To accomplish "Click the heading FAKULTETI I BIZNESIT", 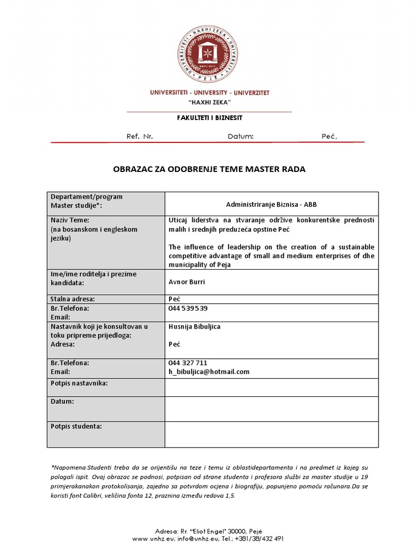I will pyautogui.click(x=209, y=117).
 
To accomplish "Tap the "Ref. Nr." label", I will pyautogui.click(x=140, y=136).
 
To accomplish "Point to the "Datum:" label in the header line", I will pyautogui.click(x=241, y=136).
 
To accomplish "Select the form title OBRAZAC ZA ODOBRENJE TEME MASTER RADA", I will pyautogui.click(x=209, y=169).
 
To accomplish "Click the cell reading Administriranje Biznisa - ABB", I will pyautogui.click(x=271, y=205).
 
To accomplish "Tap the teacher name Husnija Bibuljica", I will pyautogui.click(x=195, y=326).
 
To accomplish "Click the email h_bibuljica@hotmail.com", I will pyautogui.click(x=209, y=371).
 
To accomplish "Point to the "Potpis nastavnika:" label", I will pyautogui.click(x=79, y=383).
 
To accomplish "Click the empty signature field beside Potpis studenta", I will pyautogui.click(x=271, y=434).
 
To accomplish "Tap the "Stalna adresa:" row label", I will pyautogui.click(x=73, y=299).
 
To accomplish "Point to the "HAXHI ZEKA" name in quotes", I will pyautogui.click(x=209, y=103).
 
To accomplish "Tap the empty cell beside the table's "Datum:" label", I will pyautogui.click(x=271, y=408).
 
